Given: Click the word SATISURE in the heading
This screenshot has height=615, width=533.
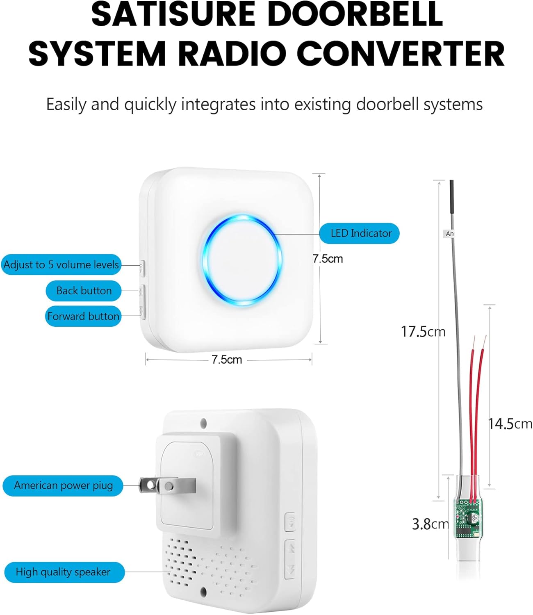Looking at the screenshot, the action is [173, 14].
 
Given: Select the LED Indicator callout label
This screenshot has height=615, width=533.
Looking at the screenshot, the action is [359, 233].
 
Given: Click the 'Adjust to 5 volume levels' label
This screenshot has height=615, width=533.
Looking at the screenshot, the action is [61, 264].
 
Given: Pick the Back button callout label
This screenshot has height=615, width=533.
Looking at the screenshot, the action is [84, 291].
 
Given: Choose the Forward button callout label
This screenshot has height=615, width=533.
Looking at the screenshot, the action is [83, 316].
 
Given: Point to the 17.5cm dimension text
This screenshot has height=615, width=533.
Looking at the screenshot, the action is [423, 332].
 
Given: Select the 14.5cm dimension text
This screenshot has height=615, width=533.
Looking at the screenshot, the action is [510, 424].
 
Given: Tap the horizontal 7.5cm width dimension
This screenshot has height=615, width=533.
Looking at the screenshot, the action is [227, 360].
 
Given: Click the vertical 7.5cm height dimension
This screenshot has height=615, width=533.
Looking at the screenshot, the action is [328, 259].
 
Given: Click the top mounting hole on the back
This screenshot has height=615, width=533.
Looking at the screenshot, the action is [203, 423].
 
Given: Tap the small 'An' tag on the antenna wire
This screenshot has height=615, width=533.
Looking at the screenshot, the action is [449, 234].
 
